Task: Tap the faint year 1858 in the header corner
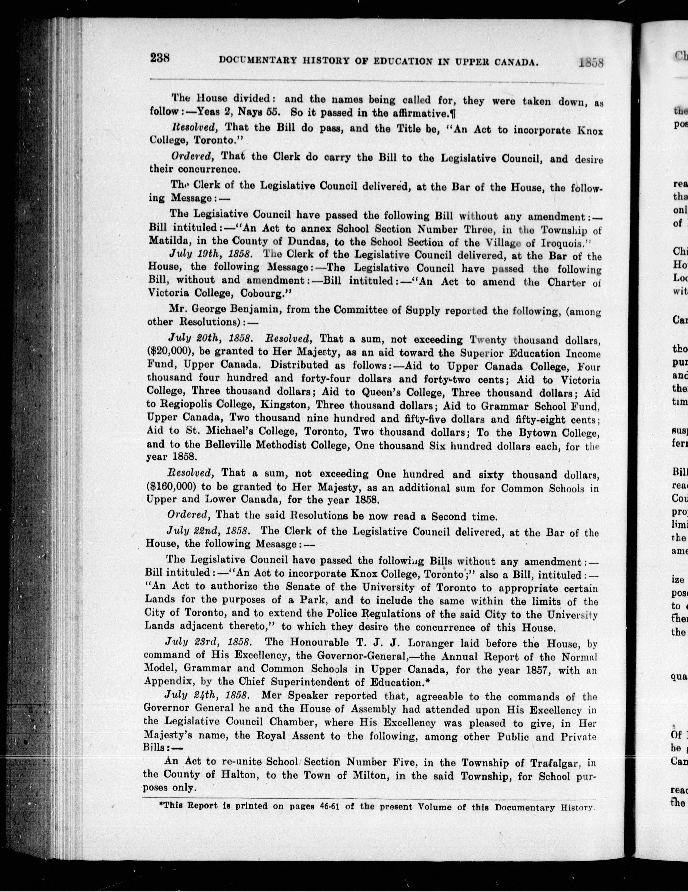point(591,62)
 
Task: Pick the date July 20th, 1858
point(212,339)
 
